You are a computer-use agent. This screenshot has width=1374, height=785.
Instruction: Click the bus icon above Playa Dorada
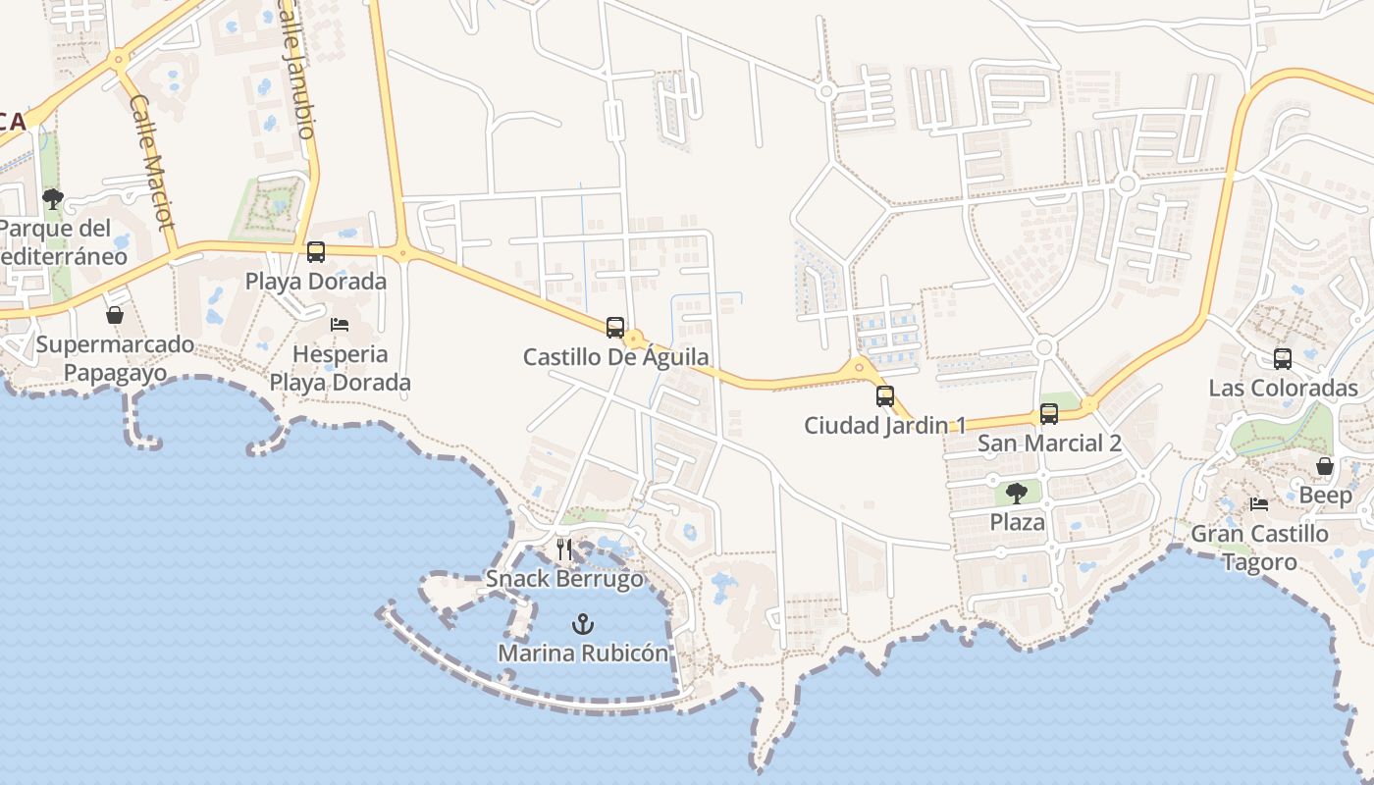click(x=316, y=252)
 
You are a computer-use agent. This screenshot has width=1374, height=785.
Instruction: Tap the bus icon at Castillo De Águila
click(x=615, y=328)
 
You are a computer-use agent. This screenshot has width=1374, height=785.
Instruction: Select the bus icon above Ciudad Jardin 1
click(x=885, y=396)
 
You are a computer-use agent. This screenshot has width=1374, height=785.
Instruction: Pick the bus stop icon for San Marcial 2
click(x=1049, y=414)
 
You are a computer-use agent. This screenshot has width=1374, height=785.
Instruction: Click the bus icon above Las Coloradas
click(x=1283, y=359)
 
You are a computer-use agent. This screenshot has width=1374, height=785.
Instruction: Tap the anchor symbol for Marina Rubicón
click(x=583, y=624)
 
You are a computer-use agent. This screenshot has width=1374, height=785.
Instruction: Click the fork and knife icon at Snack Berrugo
click(x=564, y=549)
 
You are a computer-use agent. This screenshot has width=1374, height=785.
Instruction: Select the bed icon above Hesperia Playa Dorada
click(x=340, y=325)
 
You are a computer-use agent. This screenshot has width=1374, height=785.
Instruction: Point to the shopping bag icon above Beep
click(x=1325, y=466)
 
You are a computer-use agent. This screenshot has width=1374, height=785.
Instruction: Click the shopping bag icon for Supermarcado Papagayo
click(x=115, y=315)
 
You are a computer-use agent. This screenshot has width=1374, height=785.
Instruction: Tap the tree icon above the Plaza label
click(x=1017, y=493)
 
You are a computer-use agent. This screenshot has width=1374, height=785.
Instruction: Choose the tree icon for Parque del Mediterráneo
click(x=53, y=200)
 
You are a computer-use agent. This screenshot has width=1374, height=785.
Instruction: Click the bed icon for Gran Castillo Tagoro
click(x=1259, y=504)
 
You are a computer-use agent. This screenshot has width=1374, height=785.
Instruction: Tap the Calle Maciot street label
click(x=151, y=162)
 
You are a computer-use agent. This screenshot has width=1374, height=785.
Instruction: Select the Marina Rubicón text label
click(x=583, y=653)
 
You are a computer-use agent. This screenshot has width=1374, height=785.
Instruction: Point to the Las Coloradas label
click(x=1283, y=388)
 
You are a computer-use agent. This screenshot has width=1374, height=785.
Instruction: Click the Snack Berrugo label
click(x=565, y=579)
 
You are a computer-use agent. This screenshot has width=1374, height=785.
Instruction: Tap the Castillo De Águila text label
click(x=615, y=357)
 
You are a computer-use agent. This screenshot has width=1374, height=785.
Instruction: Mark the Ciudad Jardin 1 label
click(x=885, y=425)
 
